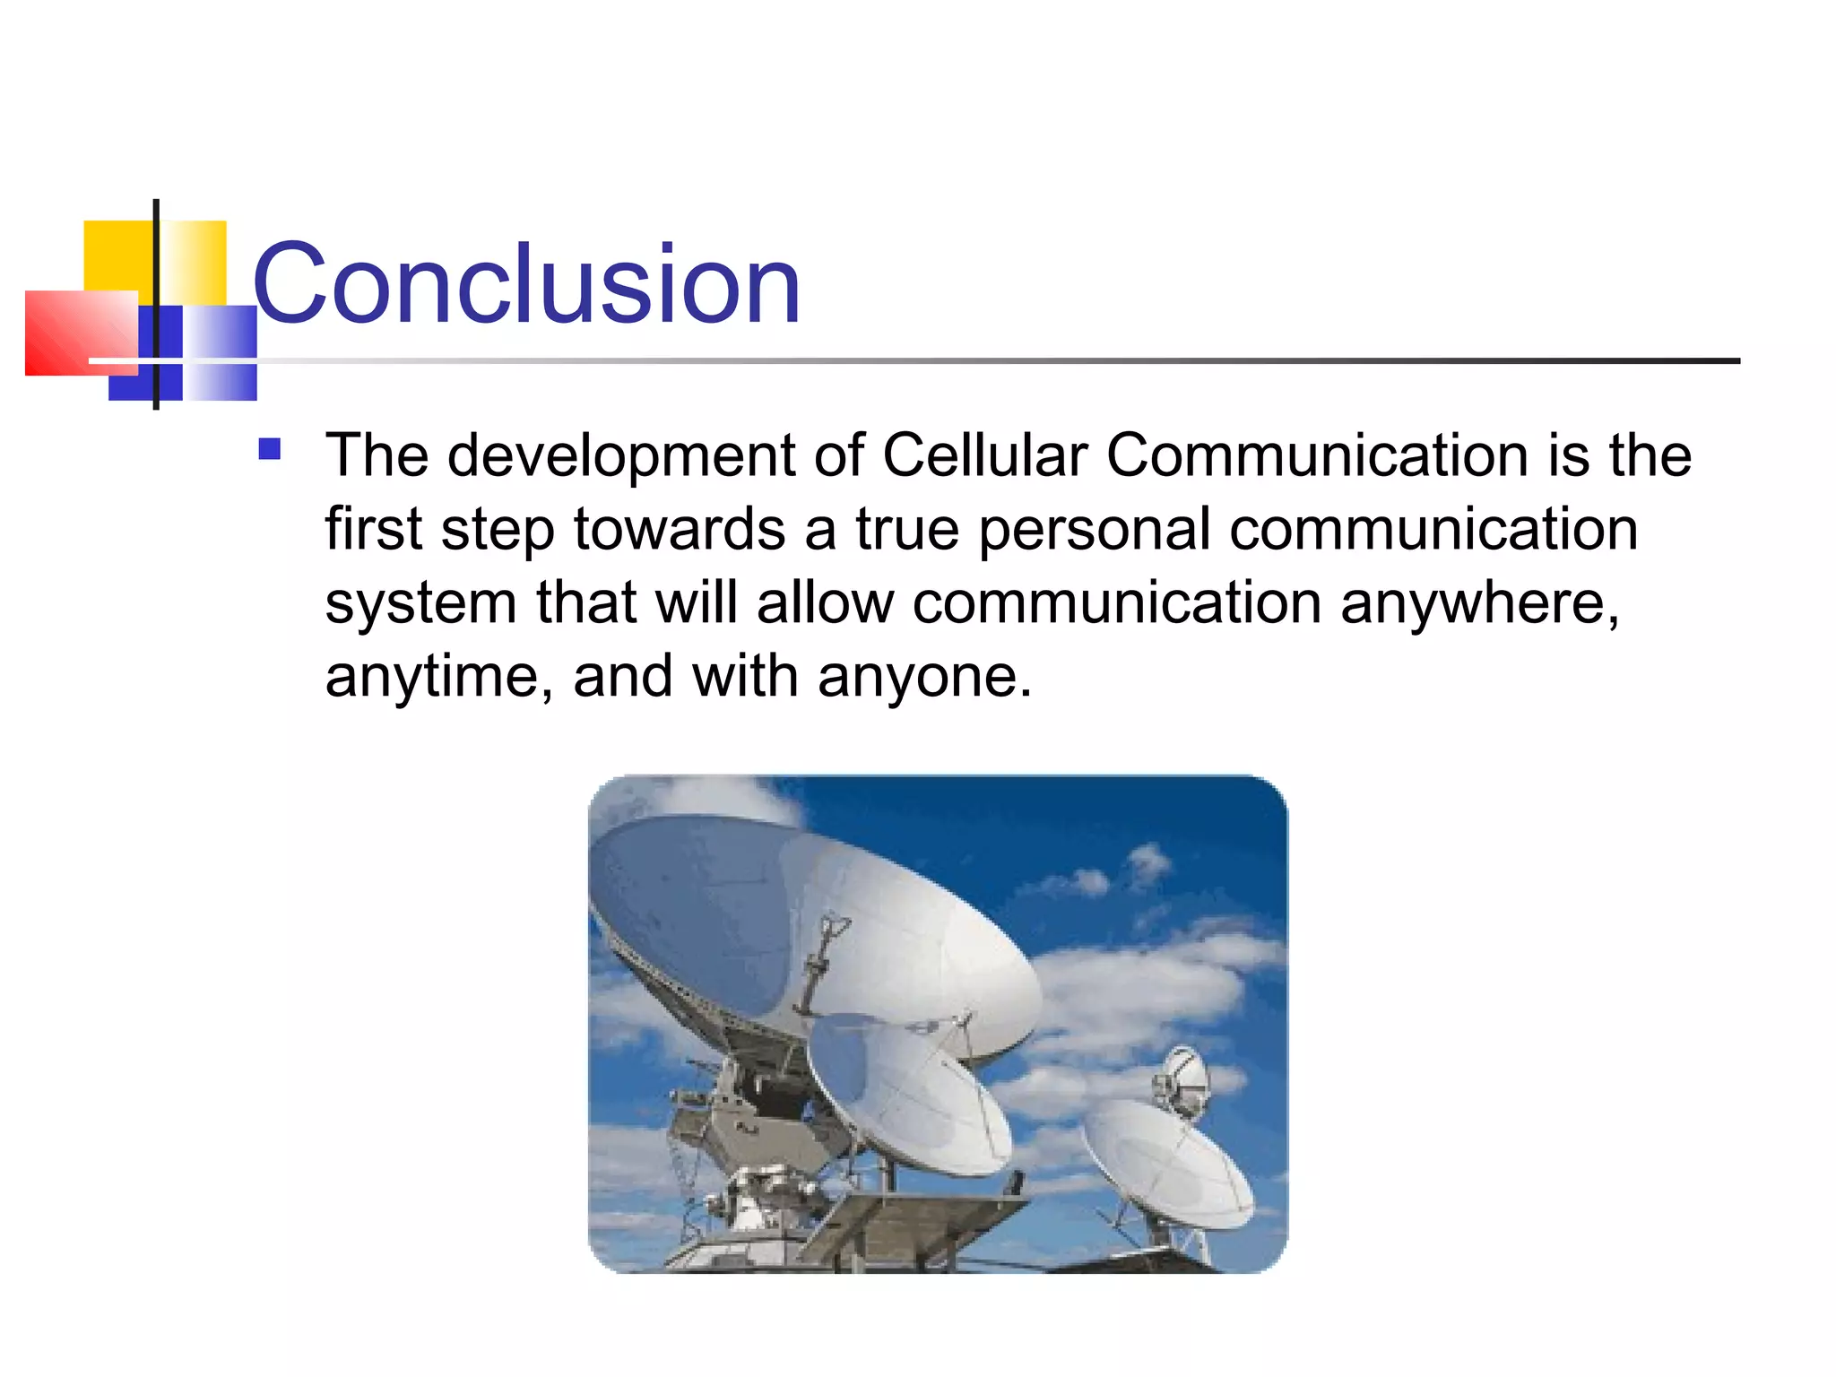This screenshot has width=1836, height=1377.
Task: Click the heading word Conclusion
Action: tap(526, 285)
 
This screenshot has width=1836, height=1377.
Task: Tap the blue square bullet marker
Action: tap(269, 448)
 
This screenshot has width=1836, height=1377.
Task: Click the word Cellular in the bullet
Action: tap(984, 455)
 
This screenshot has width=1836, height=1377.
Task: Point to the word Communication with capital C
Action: tap(1318, 455)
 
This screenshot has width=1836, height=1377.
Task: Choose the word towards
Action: tap(680, 529)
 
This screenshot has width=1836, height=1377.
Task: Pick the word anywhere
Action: tap(1479, 604)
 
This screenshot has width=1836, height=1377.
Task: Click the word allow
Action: tap(825, 602)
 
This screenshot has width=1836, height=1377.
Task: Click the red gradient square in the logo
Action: tap(76, 332)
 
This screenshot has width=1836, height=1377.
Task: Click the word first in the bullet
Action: tap(373, 529)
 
